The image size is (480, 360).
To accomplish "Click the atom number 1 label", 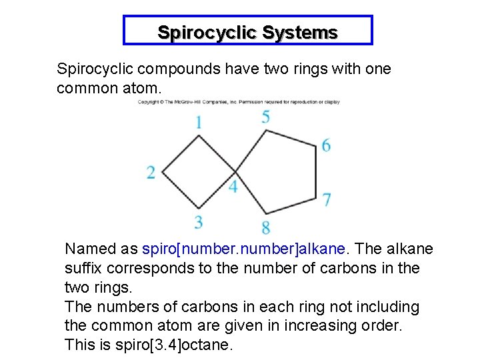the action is (x=199, y=122).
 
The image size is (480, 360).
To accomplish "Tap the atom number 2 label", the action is (x=151, y=173).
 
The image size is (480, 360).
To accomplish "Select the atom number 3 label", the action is (x=199, y=222).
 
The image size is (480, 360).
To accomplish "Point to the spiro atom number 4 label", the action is (x=233, y=187).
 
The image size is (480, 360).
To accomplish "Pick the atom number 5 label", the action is (x=266, y=117).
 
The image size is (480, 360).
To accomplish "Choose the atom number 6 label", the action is (x=326, y=145).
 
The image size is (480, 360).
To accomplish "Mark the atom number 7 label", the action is (x=327, y=199).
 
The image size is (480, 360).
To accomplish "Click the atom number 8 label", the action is (x=266, y=227).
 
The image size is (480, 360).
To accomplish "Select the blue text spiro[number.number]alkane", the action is (x=244, y=249).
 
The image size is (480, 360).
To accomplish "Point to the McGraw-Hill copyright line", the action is (x=239, y=102).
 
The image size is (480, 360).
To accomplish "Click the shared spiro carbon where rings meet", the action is (x=235, y=173).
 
